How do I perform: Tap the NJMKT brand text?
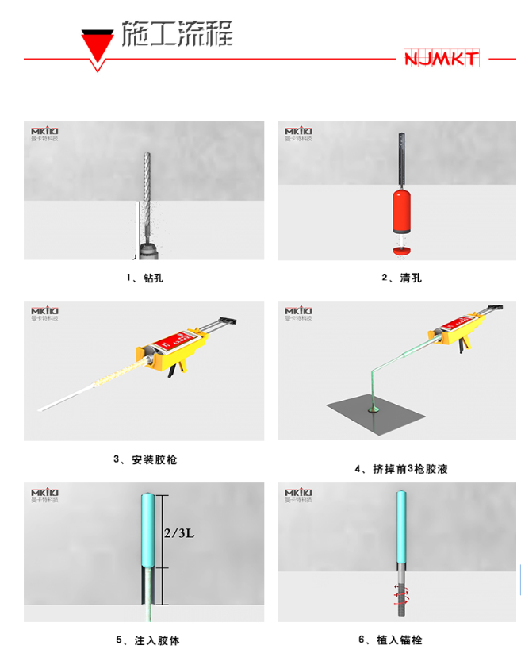tap(441, 59)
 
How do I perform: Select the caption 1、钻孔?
tap(144, 278)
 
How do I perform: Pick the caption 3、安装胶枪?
tap(144, 459)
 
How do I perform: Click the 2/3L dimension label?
tap(179, 532)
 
